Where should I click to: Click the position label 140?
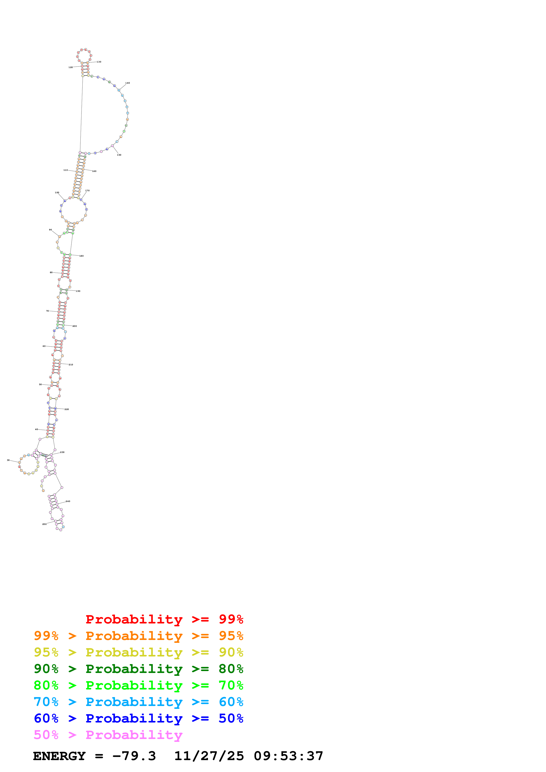[128, 83]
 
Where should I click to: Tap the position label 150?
[119, 155]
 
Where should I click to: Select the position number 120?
[71, 68]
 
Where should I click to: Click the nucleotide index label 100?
[57, 193]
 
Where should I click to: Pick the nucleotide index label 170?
[87, 191]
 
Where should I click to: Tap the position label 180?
[81, 256]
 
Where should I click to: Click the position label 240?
[68, 501]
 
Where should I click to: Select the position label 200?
[75, 326]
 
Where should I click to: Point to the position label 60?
[44, 346]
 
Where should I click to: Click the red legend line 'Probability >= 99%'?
[164, 619]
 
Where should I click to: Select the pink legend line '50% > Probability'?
[108, 735]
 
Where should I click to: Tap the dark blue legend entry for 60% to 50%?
[138, 719]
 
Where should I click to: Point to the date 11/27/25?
[209, 756]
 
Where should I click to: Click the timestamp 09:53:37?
[288, 756]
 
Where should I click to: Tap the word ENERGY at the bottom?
[59, 756]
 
